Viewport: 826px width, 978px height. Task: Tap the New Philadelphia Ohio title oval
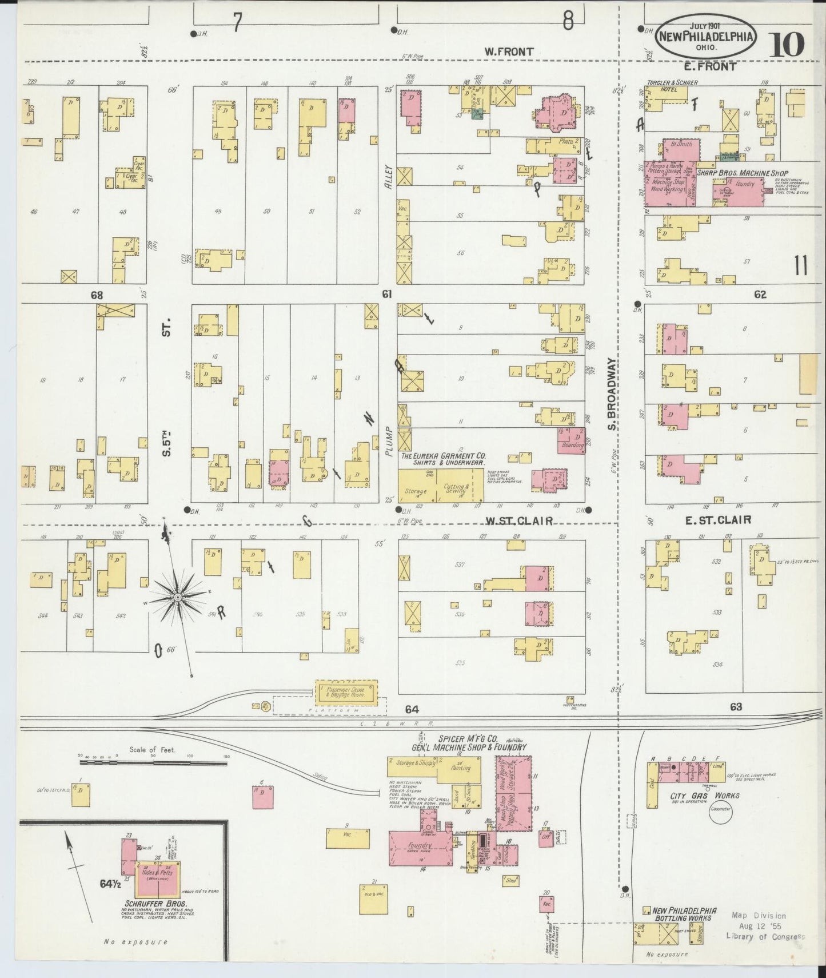click(707, 37)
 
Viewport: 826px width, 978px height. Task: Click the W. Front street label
click(508, 51)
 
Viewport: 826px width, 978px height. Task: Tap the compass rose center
click(178, 597)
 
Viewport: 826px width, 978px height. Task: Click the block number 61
click(388, 295)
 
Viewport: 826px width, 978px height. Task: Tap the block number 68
click(97, 295)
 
